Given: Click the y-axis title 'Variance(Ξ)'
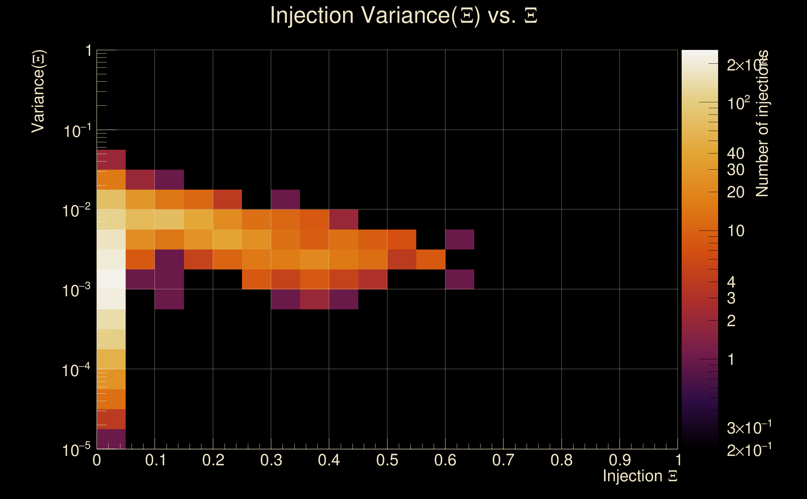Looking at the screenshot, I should [x=38, y=91].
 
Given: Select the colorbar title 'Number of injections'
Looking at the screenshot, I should [x=762, y=124].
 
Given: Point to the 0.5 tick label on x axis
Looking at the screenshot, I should [x=387, y=460].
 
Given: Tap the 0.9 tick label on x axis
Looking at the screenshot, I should [x=619, y=460].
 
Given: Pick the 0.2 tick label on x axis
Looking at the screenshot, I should [x=213, y=460].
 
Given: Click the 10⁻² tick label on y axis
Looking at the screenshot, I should [x=76, y=210].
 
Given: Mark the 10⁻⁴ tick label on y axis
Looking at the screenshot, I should [x=76, y=370].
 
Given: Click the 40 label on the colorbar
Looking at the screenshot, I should [x=735, y=153].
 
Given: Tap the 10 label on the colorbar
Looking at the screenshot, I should [x=735, y=231].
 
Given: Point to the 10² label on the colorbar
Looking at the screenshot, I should [x=738, y=103].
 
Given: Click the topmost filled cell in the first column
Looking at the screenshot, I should [x=111, y=159].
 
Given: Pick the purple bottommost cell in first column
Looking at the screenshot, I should [x=111, y=439].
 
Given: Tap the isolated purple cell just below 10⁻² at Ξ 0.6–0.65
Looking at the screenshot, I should [x=460, y=239].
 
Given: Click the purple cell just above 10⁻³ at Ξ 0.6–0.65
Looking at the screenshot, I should [x=460, y=279].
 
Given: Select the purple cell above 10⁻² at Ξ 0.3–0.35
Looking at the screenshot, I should [x=285, y=199].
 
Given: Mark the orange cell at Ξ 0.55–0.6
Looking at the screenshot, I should [x=431, y=259].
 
